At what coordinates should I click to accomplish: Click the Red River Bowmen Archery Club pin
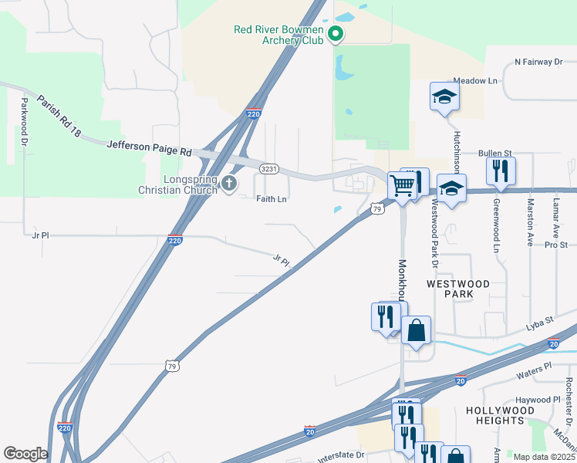[x=336, y=34]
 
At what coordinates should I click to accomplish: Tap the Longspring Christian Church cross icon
[x=228, y=183]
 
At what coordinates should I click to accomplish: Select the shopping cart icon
[x=402, y=185]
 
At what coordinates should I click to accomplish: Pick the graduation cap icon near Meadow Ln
[x=444, y=96]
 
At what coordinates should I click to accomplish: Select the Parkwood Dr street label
[x=25, y=123]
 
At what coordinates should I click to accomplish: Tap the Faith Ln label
[x=272, y=199]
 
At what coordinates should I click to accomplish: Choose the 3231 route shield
[x=268, y=167]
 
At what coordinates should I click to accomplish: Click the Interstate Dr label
[x=338, y=455]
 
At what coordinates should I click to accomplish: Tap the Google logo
[x=25, y=454]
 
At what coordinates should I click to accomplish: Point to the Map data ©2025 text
[x=544, y=457]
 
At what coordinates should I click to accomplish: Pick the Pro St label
[x=555, y=245]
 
